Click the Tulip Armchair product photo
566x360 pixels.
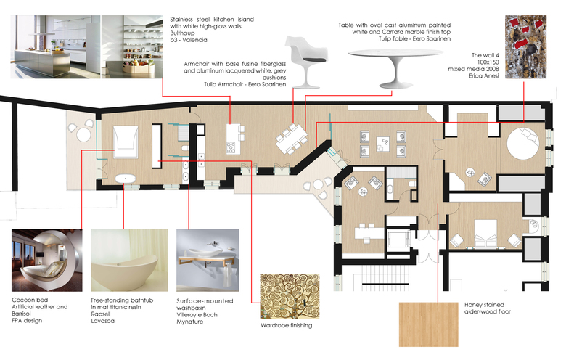click(307, 62)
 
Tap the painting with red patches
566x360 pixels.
click(525, 47)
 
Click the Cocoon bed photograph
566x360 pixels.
click(47, 261)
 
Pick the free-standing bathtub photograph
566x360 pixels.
click(129, 261)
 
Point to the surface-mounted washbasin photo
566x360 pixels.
click(208, 261)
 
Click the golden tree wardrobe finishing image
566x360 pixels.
click(290, 297)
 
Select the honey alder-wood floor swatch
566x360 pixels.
click(428, 324)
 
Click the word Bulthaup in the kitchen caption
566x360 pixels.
click(182, 33)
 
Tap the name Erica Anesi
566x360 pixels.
click(484, 75)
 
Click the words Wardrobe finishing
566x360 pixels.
click(286, 325)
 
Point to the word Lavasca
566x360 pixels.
click(102, 321)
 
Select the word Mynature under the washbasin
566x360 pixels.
click(190, 322)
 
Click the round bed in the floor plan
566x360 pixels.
click(522, 143)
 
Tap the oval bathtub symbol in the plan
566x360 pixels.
click(126, 179)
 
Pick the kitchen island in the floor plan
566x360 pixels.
click(233, 139)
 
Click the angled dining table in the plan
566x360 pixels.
click(292, 139)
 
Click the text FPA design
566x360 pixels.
click(27, 320)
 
